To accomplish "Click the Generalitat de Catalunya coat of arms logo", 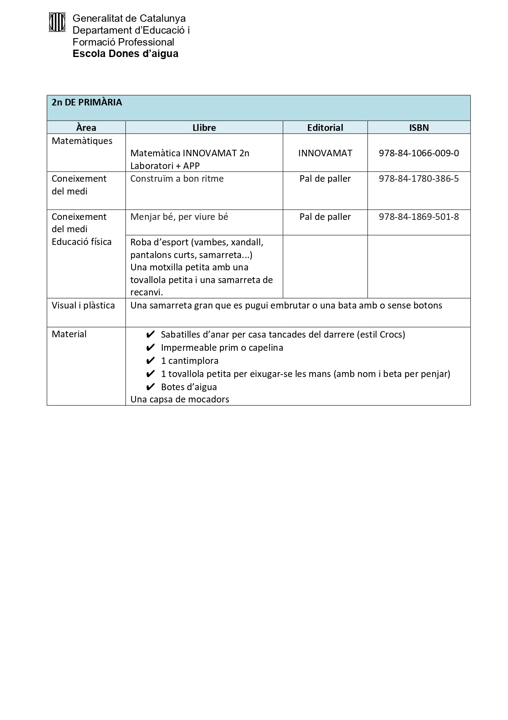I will [57, 22].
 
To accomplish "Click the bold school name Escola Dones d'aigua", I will [125, 54].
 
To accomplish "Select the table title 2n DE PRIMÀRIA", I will [87, 103].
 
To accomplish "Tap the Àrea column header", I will [86, 128].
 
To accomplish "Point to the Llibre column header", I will [204, 128].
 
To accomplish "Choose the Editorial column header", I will [325, 128].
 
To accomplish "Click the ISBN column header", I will [419, 128].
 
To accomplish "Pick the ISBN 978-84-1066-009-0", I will [419, 153].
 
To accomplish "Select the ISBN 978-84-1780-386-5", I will [419, 178].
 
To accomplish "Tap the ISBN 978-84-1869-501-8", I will [419, 217].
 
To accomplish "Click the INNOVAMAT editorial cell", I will [325, 153].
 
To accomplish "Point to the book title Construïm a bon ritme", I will [177, 178].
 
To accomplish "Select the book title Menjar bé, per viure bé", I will [179, 217].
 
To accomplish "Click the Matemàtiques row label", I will [82, 141].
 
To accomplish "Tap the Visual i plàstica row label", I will [83, 305].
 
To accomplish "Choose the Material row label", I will [69, 334].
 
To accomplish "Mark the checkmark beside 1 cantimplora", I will [150, 361].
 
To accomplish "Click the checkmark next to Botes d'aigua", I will [150, 387].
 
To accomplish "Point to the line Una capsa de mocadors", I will [180, 399].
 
